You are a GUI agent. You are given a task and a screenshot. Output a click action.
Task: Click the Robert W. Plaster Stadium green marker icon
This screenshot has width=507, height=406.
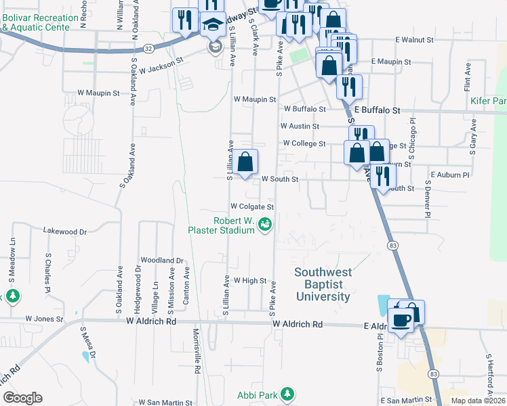pyautogui.click(x=266, y=225)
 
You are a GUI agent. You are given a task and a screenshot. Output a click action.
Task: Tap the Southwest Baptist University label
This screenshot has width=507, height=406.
pyautogui.click(x=323, y=284)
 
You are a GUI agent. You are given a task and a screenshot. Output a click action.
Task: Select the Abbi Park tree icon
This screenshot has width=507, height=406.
pyautogui.click(x=287, y=394)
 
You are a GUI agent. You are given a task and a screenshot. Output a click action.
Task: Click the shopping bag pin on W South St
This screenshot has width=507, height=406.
pyautogui.click(x=246, y=162)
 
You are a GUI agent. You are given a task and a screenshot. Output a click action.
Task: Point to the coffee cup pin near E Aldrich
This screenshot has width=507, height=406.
pyautogui.click(x=401, y=319)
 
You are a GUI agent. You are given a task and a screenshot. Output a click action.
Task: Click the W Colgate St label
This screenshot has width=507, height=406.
pyautogui.click(x=251, y=206)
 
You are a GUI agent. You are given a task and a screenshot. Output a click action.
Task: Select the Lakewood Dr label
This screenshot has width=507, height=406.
pyautogui.click(x=65, y=231)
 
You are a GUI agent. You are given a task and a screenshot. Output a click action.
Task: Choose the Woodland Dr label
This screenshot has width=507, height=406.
pyautogui.click(x=162, y=260)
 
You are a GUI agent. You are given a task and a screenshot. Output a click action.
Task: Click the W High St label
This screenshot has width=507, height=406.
pyautogui.click(x=250, y=280)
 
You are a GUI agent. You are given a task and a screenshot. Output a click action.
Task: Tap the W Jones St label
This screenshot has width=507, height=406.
pyautogui.click(x=44, y=318)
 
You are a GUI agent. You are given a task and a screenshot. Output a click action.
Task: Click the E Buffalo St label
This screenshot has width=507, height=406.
pyautogui.click(x=376, y=110)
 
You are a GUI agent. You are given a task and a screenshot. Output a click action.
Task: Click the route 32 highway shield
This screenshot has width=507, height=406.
pyautogui.click(x=148, y=48)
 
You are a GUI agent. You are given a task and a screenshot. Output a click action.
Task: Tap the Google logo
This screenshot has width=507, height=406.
pyautogui.click(x=22, y=398)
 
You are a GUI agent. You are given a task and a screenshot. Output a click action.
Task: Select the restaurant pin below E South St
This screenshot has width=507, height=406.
pyautogui.click(x=383, y=177)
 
